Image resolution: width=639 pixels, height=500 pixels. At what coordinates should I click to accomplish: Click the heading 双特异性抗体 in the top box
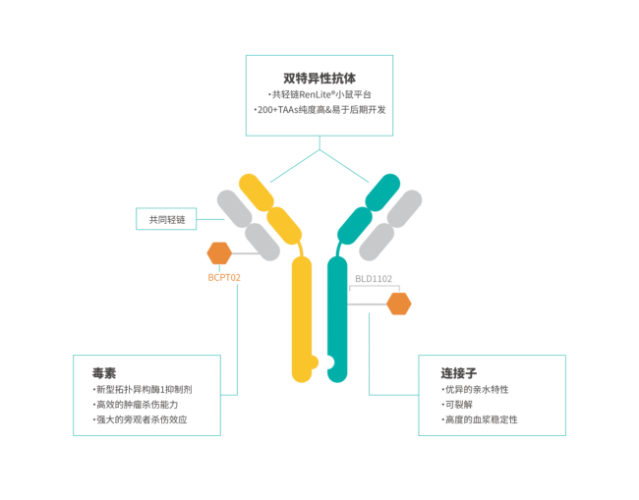pos(319,78)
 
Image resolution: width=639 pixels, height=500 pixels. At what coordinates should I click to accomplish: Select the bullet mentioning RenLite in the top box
pos(319,94)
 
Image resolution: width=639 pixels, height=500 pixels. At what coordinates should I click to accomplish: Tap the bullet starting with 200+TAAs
pos(319,110)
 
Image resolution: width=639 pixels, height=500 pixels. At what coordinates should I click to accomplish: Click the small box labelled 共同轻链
pos(166,219)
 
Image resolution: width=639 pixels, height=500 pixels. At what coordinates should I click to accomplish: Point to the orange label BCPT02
pos(224,277)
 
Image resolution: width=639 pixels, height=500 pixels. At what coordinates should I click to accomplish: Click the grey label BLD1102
pos(374,279)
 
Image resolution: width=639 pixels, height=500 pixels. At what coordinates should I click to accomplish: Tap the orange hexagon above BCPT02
pos(219,253)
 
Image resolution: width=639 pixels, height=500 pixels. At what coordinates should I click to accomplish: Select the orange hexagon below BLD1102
pos(398,304)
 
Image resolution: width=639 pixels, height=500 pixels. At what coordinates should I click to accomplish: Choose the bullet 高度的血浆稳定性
pos(480,419)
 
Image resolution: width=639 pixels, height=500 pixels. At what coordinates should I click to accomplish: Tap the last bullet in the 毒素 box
pos(138,419)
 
